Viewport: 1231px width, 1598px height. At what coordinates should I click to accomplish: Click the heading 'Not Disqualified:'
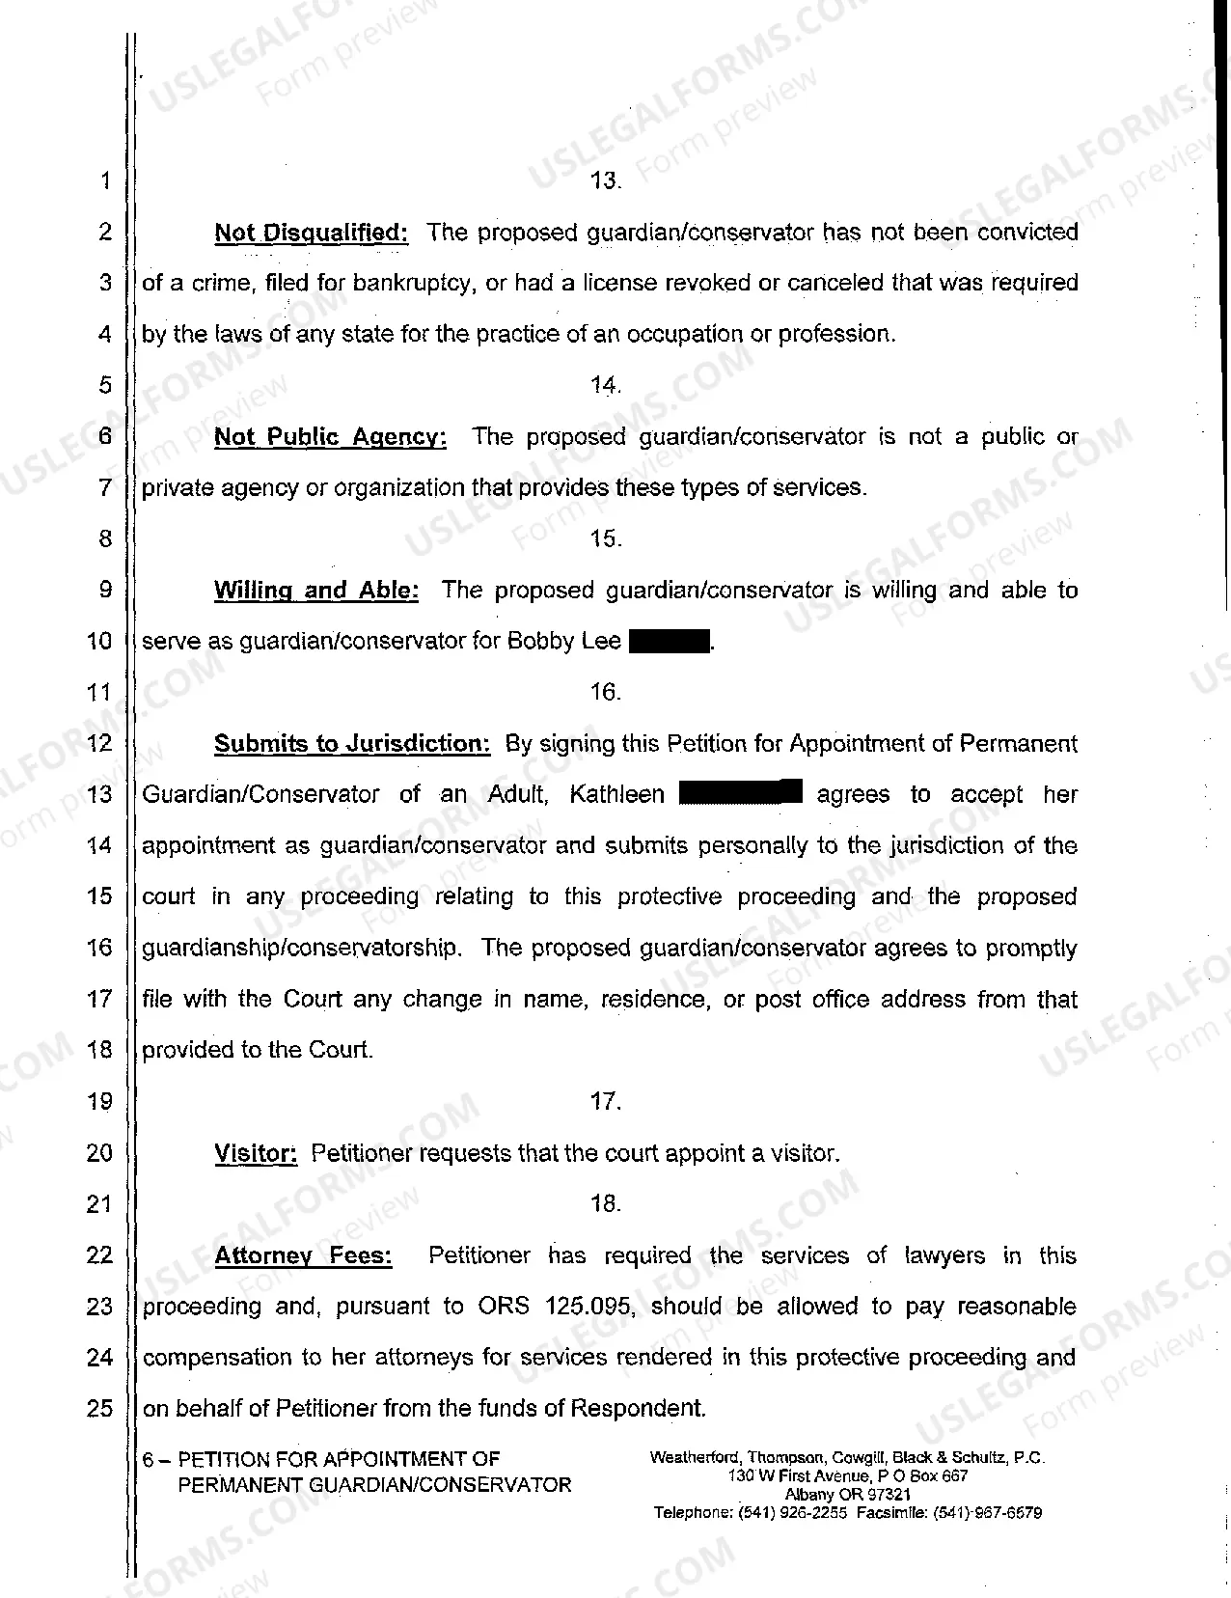point(311,233)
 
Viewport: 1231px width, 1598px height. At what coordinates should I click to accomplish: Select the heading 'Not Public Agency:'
point(330,437)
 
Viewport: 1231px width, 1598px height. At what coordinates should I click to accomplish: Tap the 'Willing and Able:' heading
point(315,591)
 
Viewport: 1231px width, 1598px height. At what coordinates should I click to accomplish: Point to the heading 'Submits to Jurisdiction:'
point(352,744)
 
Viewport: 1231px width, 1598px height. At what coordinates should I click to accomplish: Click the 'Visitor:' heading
point(256,1153)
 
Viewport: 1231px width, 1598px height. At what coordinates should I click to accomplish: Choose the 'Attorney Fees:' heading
point(303,1255)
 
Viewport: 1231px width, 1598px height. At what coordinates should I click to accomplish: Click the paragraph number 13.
point(605,181)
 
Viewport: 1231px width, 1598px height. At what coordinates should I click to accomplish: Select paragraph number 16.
point(605,692)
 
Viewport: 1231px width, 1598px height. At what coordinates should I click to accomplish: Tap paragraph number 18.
point(605,1203)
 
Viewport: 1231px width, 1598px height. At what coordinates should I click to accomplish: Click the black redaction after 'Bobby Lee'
point(669,642)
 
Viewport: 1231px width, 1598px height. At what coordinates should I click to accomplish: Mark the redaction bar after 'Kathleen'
point(740,793)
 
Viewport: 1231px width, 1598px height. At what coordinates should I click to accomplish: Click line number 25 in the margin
point(99,1408)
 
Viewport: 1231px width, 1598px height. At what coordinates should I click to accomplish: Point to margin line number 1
point(104,181)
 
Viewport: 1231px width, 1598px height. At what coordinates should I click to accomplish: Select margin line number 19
point(99,1101)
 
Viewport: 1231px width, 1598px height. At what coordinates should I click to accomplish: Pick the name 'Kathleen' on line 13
point(616,795)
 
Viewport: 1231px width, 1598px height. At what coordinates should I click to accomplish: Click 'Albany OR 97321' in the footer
point(847,1495)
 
